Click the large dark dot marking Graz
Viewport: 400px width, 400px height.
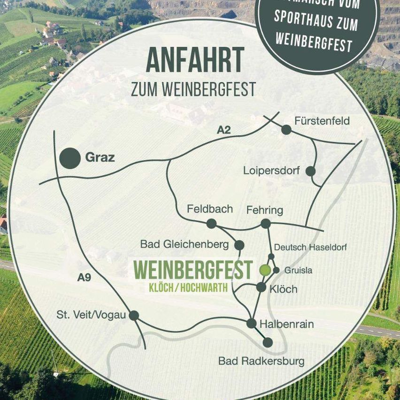coord(70,158)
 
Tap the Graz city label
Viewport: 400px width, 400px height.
coord(100,158)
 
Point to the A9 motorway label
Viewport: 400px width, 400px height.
coord(84,278)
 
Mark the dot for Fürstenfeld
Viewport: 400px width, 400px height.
coord(286,130)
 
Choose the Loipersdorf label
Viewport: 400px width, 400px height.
coord(271,171)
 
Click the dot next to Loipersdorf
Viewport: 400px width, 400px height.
coord(310,171)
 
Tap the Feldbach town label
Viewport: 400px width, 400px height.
coord(210,209)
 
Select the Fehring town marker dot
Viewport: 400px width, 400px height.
coord(266,223)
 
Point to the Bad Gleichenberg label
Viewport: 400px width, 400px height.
coord(184,244)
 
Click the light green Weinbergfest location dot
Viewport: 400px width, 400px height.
coord(265,270)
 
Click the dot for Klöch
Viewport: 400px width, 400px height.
coord(262,287)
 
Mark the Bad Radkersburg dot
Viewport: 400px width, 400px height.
coord(268,342)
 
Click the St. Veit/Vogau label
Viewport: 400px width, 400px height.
coord(91,315)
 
